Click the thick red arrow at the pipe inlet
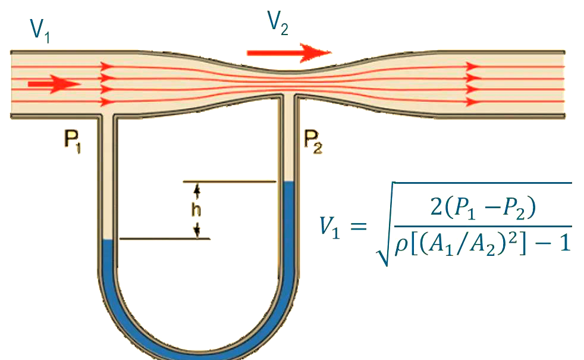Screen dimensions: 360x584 54,84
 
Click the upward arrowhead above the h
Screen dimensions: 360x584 197,190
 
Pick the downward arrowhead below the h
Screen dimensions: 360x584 197,231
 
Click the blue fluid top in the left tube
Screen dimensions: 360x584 108,242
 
